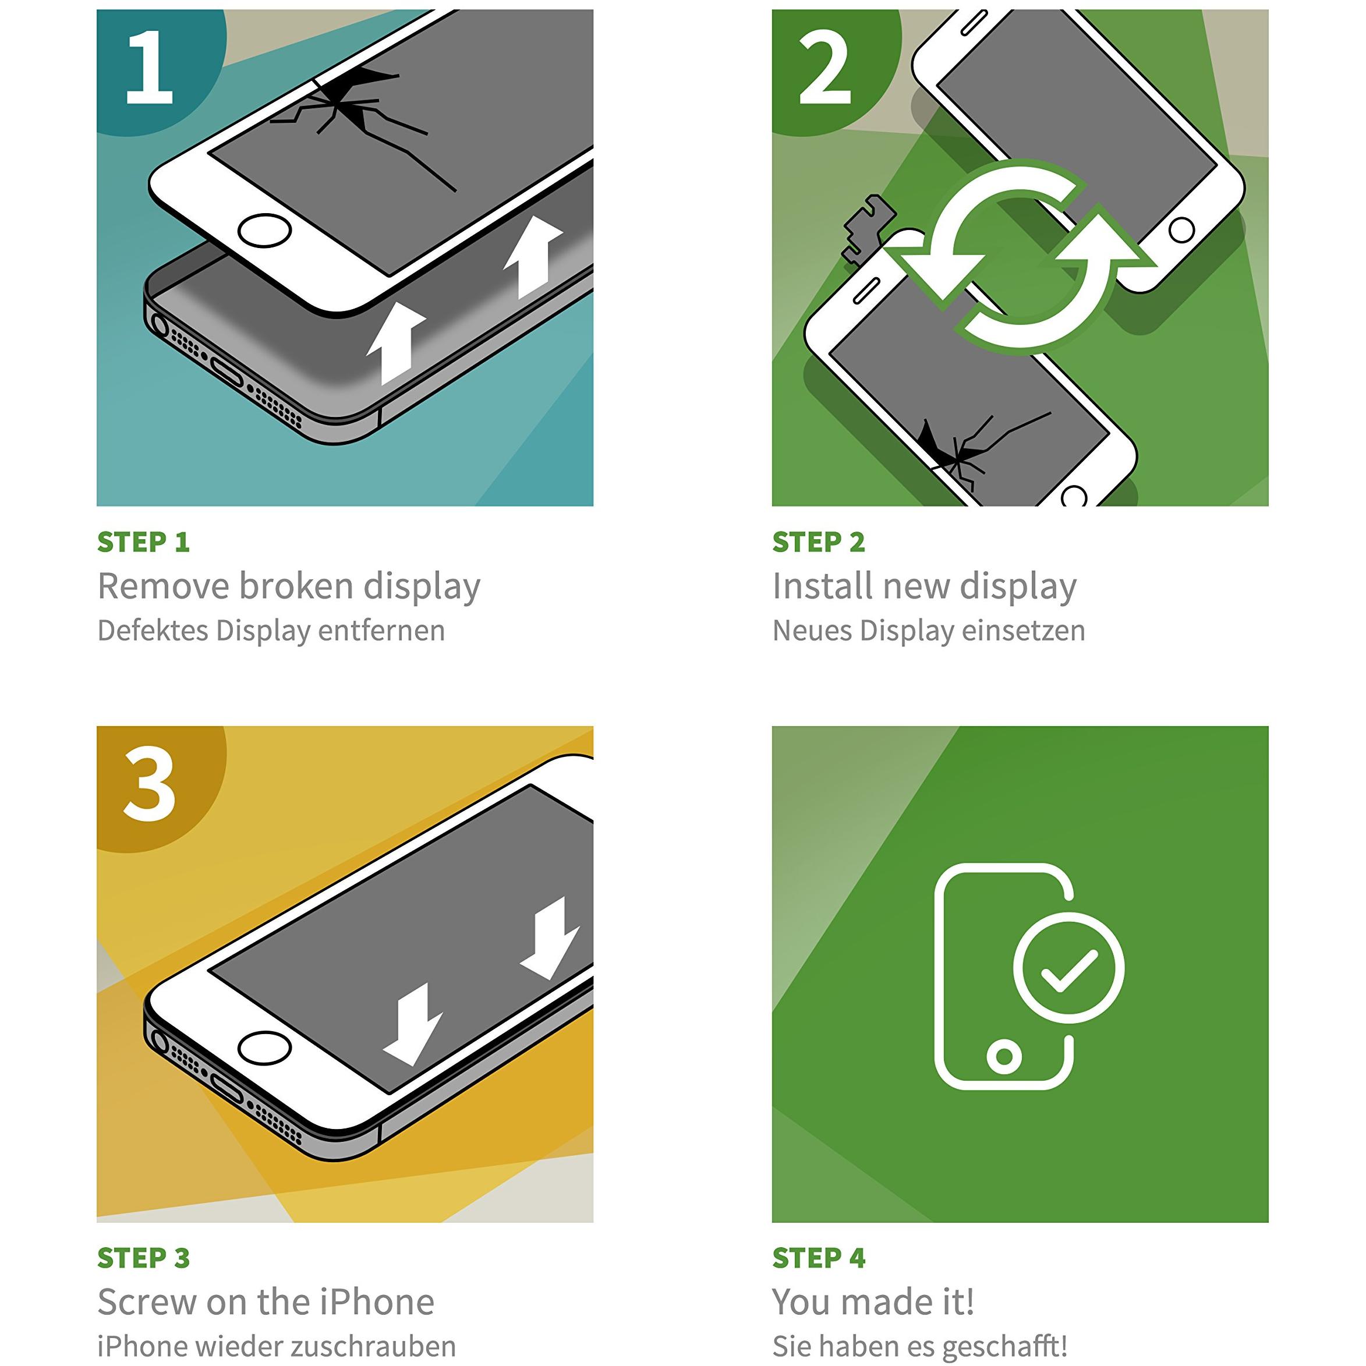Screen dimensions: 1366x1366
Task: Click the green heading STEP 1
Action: pos(143,542)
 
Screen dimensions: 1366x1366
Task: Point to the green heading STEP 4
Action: pos(819,1258)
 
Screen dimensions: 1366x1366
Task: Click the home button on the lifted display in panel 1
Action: pos(264,231)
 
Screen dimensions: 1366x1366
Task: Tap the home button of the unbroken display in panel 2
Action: pos(1181,230)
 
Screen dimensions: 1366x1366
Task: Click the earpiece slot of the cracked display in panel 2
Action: pos(866,291)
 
